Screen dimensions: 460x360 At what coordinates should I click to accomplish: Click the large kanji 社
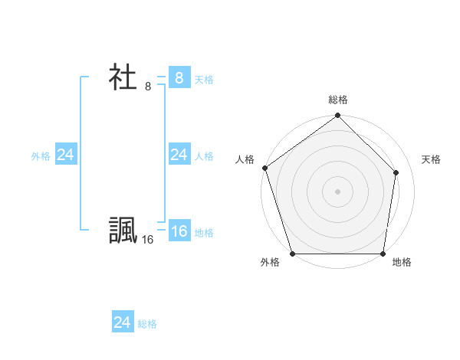pyautogui.click(x=123, y=77)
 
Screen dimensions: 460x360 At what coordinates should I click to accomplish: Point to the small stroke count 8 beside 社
pyautogui.click(x=148, y=87)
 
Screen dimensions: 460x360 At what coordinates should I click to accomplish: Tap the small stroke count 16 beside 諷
pyautogui.click(x=148, y=240)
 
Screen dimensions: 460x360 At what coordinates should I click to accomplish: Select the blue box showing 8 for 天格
pyautogui.click(x=179, y=77)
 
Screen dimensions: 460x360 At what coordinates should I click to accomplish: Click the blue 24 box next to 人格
pyautogui.click(x=179, y=155)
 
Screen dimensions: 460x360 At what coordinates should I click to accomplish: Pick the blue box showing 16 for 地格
pyautogui.click(x=179, y=231)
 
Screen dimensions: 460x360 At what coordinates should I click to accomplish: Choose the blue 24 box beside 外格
pyautogui.click(x=65, y=155)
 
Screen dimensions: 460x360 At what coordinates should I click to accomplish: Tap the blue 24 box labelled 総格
pyautogui.click(x=122, y=322)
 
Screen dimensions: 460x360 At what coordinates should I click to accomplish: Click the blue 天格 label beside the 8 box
pyautogui.click(x=204, y=80)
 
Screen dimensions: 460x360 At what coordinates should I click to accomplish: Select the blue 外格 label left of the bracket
pyautogui.click(x=41, y=156)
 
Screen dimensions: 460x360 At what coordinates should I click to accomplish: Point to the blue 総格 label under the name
pyautogui.click(x=147, y=324)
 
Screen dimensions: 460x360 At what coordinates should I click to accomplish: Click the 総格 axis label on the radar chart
pyautogui.click(x=338, y=100)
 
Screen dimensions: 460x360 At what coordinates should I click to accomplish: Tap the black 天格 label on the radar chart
pyautogui.click(x=431, y=159)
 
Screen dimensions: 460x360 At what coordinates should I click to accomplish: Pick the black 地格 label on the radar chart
pyautogui.click(x=402, y=262)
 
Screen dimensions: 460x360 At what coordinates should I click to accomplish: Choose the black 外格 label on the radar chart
pyautogui.click(x=270, y=262)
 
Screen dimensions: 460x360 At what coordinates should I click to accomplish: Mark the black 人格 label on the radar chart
pyautogui.click(x=245, y=159)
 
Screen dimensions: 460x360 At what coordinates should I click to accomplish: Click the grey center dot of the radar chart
pyautogui.click(x=338, y=191)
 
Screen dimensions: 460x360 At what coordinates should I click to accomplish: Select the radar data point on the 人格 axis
pyautogui.click(x=264, y=168)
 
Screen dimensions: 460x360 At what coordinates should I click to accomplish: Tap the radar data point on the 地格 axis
pyautogui.click(x=383, y=254)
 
